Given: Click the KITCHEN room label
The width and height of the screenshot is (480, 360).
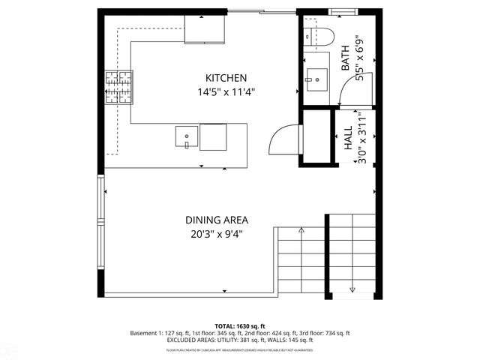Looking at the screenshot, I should tap(226, 78).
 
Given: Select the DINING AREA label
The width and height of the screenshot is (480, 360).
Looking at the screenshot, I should tap(217, 220).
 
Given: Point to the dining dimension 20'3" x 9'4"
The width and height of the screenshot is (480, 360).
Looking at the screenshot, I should tap(217, 234).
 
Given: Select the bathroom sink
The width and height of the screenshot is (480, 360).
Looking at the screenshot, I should tap(316, 77).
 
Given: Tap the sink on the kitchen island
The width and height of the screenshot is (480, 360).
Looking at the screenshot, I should tap(187, 136).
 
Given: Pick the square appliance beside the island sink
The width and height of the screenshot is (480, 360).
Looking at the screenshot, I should tap(213, 136).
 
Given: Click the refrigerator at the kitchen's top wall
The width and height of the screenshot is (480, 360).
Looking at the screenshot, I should tap(205, 28).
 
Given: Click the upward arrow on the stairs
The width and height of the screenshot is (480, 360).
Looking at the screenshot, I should tap(301, 230).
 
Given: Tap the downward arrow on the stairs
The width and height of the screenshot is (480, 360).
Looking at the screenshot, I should tap(352, 289).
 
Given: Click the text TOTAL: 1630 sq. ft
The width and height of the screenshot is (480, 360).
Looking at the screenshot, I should tap(239, 326).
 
